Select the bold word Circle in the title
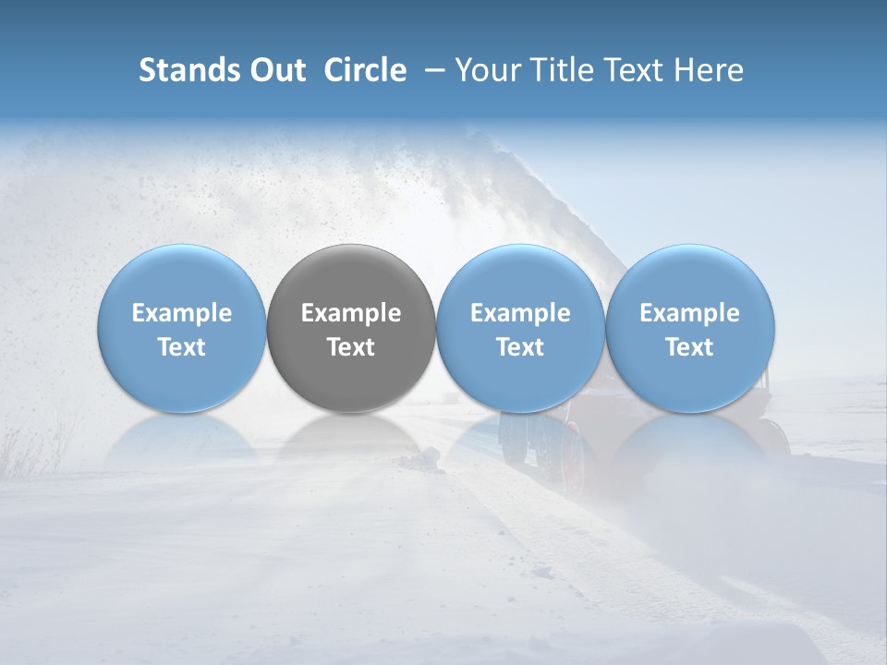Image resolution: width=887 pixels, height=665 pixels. [365, 70]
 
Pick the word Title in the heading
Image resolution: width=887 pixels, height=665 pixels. [557, 70]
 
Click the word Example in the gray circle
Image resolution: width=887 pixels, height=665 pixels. [351, 313]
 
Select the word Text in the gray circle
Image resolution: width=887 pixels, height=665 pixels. [351, 347]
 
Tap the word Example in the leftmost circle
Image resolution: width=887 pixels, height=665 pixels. [182, 313]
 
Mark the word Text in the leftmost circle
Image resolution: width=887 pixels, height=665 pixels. [182, 347]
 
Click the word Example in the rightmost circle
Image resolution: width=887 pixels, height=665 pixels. [690, 313]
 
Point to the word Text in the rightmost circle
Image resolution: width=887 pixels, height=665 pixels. [690, 347]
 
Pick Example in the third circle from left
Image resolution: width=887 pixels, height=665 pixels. [520, 313]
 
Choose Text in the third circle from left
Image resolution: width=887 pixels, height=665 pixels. [520, 347]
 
